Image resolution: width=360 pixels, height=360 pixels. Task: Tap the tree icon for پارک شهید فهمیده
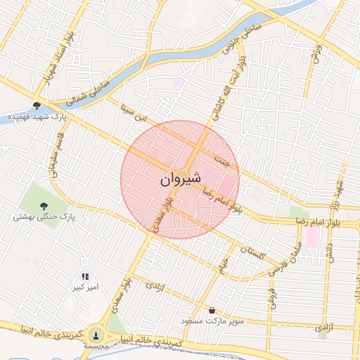(37, 105)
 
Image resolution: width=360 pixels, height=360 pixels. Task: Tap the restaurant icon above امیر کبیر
(85, 277)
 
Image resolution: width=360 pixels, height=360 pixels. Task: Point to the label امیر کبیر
(89, 288)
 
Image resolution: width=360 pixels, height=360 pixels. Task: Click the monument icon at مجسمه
(96, 335)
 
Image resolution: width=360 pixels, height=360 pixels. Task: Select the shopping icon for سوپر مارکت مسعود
(212, 310)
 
